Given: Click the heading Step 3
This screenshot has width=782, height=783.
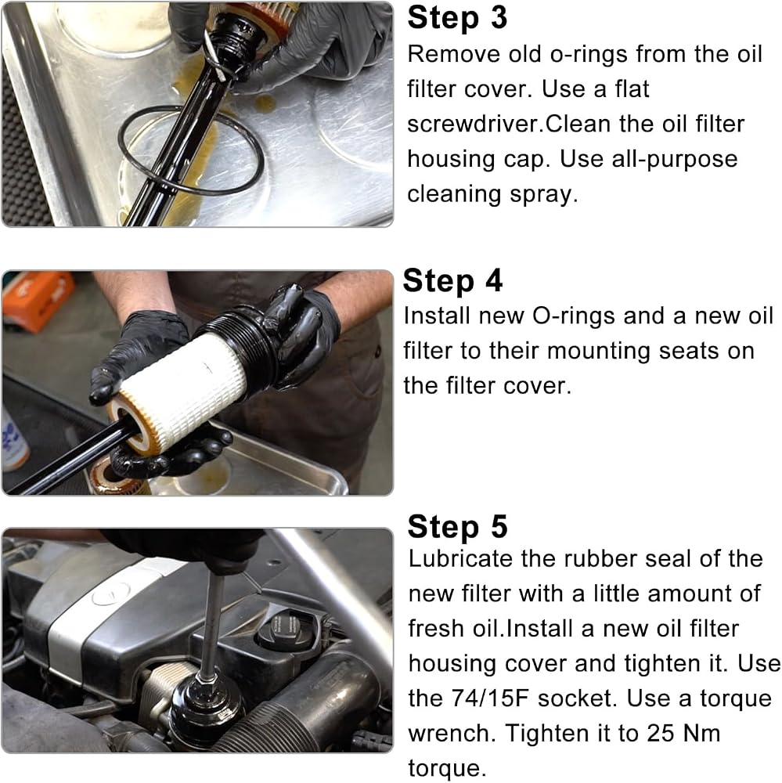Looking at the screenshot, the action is point(457,18).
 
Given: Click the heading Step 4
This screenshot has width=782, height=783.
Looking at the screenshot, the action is point(452,280).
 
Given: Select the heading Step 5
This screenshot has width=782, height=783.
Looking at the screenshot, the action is point(457,526).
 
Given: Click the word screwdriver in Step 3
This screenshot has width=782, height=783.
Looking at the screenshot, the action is point(474,124).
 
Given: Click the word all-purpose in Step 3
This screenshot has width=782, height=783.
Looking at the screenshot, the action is point(648,160).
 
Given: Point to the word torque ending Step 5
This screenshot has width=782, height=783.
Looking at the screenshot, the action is point(447,769).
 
